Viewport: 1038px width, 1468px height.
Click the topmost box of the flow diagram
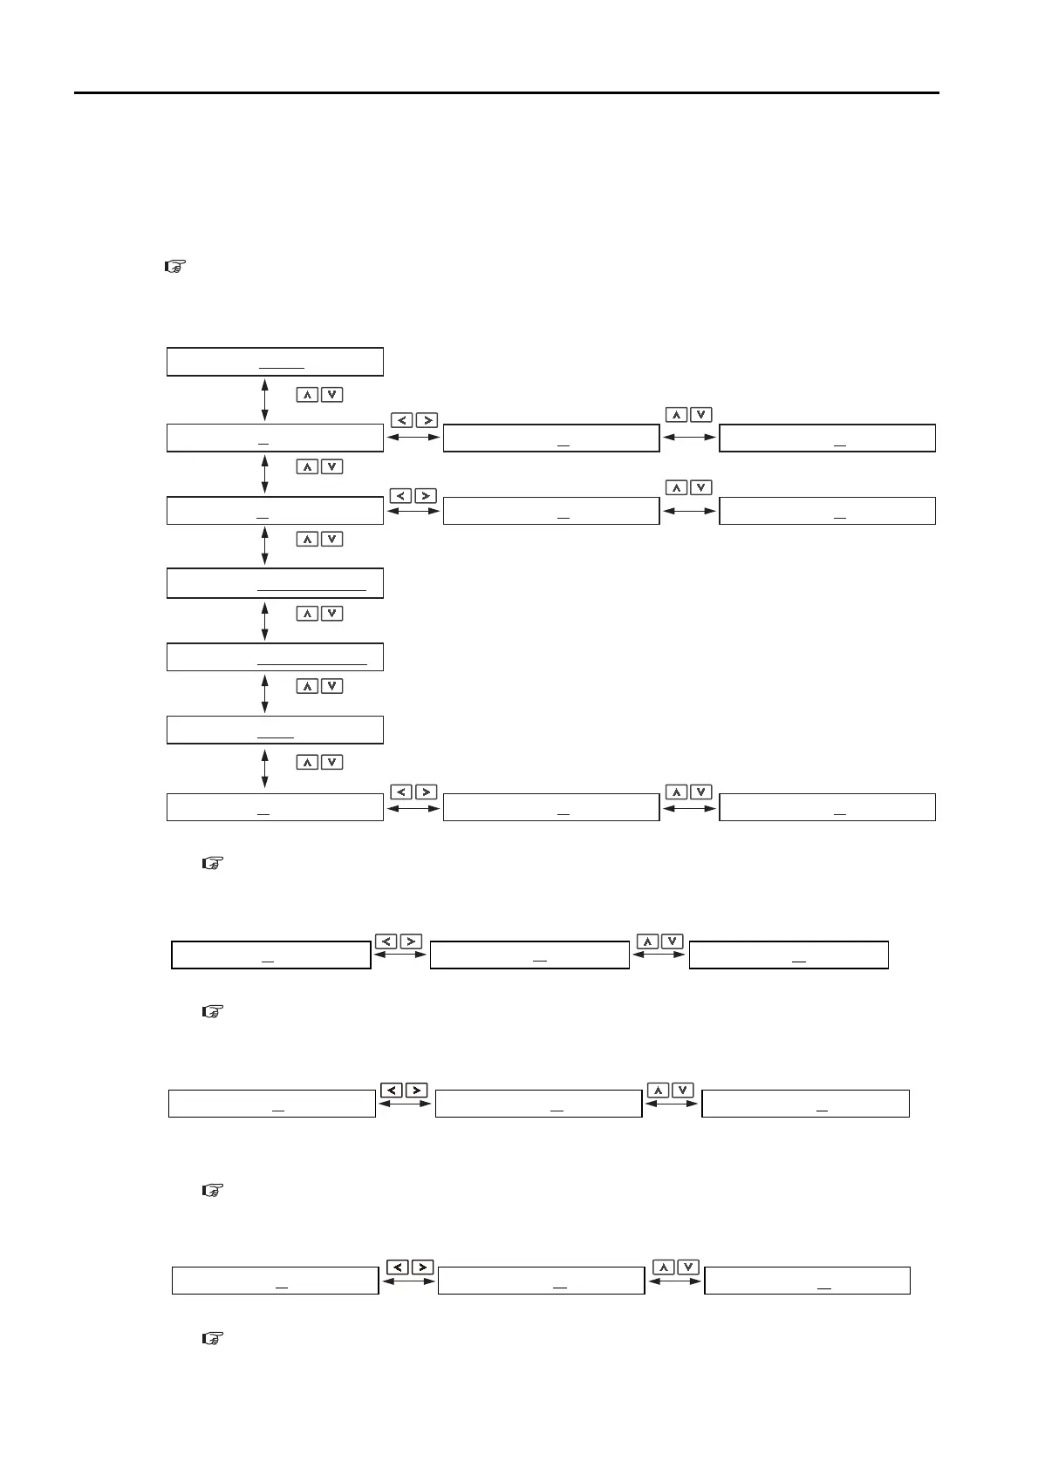pyautogui.click(x=275, y=361)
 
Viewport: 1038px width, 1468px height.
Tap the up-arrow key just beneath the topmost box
pyautogui.click(x=307, y=395)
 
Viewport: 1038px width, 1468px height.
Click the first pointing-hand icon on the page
pyautogui.click(x=173, y=268)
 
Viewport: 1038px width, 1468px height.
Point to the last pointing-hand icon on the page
pyautogui.click(x=213, y=1337)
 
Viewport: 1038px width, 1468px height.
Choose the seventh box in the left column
pyautogui.click(x=275, y=807)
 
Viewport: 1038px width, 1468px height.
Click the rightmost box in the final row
pyautogui.click(x=807, y=1280)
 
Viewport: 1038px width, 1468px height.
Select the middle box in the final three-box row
pyautogui.click(x=541, y=1280)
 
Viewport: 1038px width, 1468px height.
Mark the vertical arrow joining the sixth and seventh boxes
pyautogui.click(x=264, y=769)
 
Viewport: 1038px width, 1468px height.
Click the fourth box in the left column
pyautogui.click(x=275, y=583)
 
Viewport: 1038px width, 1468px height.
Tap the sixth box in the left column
pyautogui.click(x=275, y=730)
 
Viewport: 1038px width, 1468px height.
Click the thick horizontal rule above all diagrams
pyautogui.click(x=507, y=92)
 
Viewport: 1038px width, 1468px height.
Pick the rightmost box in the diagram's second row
pyautogui.click(x=827, y=438)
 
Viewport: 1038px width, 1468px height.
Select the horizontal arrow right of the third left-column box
pyautogui.click(x=413, y=511)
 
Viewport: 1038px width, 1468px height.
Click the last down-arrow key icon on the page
pyautogui.click(x=688, y=1267)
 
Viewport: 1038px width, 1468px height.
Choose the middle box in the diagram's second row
pyautogui.click(x=550, y=438)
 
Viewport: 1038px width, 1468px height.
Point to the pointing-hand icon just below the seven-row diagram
pyautogui.click(x=213, y=864)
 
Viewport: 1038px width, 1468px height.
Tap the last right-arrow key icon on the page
pyautogui.click(x=421, y=1267)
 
